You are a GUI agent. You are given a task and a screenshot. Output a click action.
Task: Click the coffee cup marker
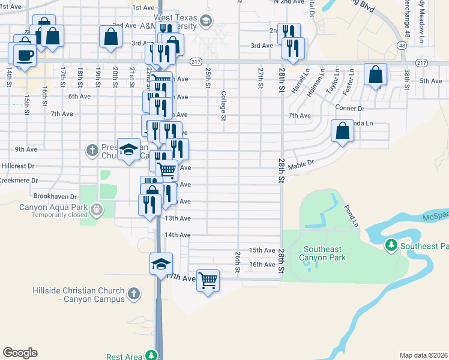tap(25, 55)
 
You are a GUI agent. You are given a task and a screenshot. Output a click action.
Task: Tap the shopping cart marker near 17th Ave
tap(208, 280)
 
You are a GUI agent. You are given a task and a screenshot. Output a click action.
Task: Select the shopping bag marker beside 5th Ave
tap(375, 76)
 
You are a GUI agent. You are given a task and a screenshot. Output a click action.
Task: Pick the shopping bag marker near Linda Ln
tap(342, 130)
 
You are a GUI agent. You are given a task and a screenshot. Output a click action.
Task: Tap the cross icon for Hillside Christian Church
tap(134, 295)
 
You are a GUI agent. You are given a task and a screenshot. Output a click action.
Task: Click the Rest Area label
tap(124, 356)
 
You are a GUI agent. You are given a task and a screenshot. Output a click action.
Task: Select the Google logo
tap(20, 353)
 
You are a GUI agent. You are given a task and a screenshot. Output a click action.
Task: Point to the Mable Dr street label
tap(301, 165)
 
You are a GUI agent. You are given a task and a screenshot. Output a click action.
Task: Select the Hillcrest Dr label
tap(18, 165)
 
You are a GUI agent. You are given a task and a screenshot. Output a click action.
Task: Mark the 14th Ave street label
tap(178, 235)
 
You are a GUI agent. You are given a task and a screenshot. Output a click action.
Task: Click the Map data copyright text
tap(423, 355)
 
